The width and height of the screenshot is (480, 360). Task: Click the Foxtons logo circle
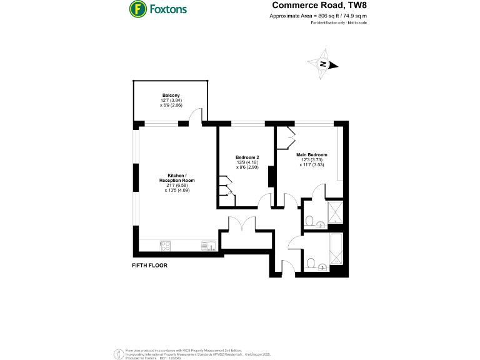(x=137, y=9)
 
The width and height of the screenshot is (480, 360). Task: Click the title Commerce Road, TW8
(x=318, y=6)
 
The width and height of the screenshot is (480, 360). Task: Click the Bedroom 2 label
(x=247, y=157)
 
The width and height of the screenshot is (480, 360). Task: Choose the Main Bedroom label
(x=312, y=154)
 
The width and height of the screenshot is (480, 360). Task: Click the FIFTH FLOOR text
(x=149, y=265)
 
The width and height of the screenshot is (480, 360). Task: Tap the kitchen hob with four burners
(x=166, y=246)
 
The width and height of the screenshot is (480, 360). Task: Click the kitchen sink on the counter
(x=208, y=246)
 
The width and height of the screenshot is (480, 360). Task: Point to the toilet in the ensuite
(x=309, y=220)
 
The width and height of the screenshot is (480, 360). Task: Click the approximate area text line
(x=318, y=16)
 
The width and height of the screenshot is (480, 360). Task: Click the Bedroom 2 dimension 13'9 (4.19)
(x=247, y=162)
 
